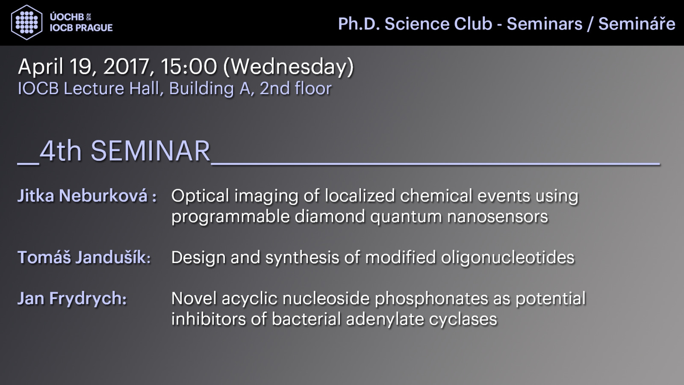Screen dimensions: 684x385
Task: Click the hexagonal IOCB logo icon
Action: click(x=27, y=22)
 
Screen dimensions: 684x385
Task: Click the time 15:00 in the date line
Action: click(x=189, y=67)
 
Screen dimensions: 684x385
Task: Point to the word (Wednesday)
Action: click(x=289, y=67)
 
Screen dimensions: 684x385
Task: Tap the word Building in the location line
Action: click(x=201, y=89)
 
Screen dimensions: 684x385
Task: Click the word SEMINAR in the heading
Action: click(x=150, y=151)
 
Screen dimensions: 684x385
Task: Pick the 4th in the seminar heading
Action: click(x=60, y=151)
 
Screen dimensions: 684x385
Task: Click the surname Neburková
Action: click(x=103, y=195)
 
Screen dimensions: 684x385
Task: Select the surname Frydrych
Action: click(x=88, y=299)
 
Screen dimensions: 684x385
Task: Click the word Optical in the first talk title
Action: click(x=200, y=195)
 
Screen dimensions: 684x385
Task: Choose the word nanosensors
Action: click(x=498, y=217)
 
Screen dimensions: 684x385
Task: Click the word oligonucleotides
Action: click(x=507, y=257)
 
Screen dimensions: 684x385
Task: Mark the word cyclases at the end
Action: click(x=463, y=319)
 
